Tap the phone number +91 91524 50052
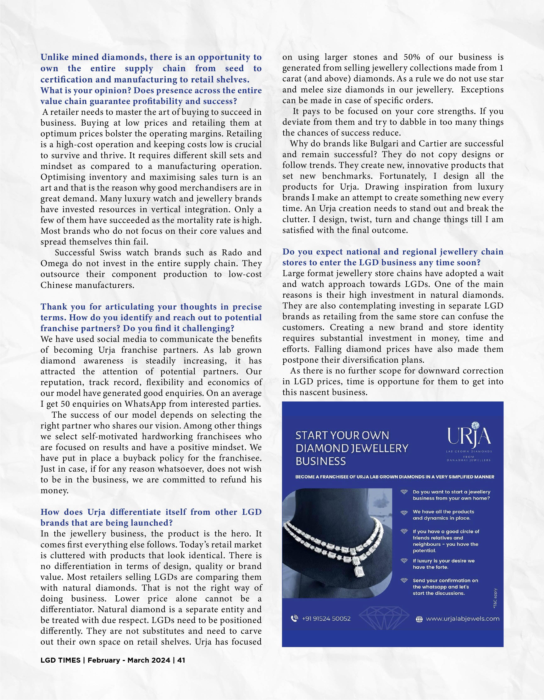coord(326,619)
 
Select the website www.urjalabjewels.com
coord(462,619)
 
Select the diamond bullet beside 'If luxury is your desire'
coord(404,560)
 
